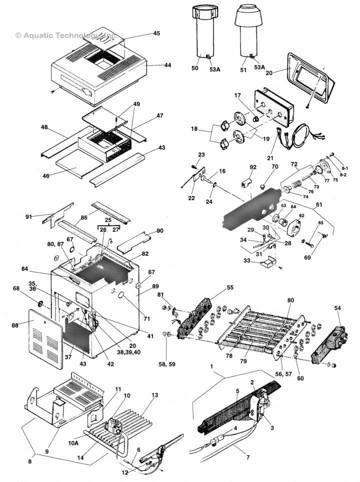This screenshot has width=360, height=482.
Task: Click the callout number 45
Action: click(156, 34)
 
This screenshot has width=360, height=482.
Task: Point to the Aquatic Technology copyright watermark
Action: click(65, 36)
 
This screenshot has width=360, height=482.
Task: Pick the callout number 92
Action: click(253, 167)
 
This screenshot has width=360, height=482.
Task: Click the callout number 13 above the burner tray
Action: click(154, 395)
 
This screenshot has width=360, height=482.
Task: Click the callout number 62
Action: click(301, 216)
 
